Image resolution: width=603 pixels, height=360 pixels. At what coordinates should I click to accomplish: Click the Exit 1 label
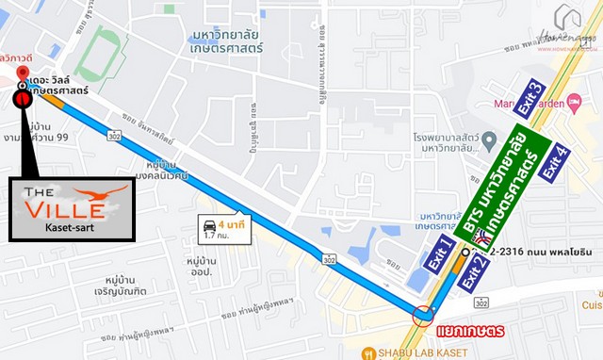[x=438, y=255]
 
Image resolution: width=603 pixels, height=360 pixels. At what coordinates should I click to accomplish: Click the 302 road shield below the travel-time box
[x=329, y=258]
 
